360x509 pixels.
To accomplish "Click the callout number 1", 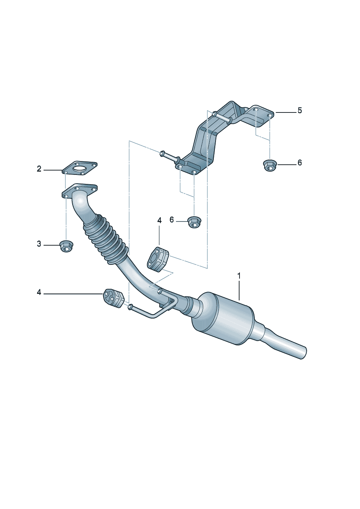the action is click(239, 276).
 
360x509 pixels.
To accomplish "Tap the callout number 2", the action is click(39, 169).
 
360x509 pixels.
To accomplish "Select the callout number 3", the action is click(39, 244).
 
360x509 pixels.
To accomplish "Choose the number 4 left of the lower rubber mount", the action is click(39, 292).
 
